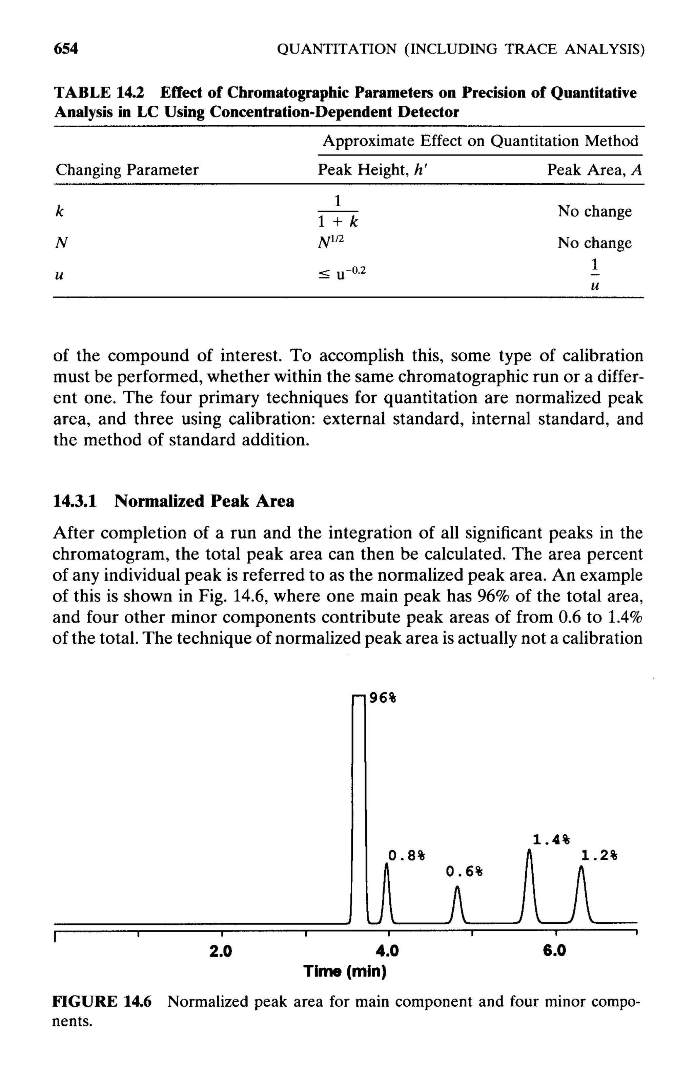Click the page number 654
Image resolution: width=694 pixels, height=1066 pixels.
[66, 48]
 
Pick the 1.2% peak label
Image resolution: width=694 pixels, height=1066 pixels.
[599, 856]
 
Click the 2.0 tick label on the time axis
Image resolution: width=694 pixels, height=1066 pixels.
[221, 950]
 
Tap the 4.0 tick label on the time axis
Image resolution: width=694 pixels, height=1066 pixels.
[388, 950]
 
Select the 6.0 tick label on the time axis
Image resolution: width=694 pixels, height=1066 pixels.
[555, 950]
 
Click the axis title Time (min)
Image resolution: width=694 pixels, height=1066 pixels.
[345, 971]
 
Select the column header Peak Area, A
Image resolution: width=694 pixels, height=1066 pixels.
[594, 170]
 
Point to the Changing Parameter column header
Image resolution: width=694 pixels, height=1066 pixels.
[127, 170]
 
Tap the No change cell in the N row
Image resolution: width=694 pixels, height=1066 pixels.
[594, 243]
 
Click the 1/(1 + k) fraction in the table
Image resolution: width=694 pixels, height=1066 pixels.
[338, 210]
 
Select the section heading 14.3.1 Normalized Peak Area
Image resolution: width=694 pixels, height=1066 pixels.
[173, 501]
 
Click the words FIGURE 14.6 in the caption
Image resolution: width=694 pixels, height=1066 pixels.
[102, 1001]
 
